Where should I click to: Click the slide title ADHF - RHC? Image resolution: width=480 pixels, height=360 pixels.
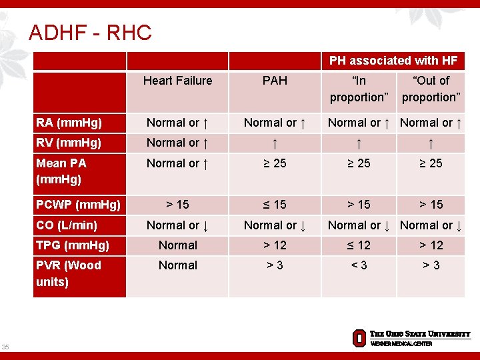pos(90,32)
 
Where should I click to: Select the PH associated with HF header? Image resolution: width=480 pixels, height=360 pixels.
pos(393,61)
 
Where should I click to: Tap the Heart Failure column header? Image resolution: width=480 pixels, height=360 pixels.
pos(177,81)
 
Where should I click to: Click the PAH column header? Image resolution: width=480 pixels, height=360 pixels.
pos(275,81)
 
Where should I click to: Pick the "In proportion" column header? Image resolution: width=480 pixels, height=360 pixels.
pos(359,89)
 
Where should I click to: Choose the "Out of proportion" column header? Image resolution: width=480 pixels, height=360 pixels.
pos(431,89)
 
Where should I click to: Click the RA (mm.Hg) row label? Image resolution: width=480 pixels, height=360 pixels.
pos(69,122)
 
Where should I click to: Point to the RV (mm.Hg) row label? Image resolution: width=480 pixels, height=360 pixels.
pos(69,143)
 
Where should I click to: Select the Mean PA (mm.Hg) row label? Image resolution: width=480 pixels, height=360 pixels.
pos(61,171)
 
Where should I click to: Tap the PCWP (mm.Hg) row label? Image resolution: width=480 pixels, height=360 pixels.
pos(78,205)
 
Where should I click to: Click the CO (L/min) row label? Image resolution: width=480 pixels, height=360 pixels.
pos(67,225)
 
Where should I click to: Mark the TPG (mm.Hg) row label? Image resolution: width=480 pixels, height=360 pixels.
pos(73,245)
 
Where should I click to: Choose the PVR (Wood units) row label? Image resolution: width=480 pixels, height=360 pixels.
pos(69,273)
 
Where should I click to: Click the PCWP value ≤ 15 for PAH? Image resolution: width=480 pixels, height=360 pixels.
pos(275,205)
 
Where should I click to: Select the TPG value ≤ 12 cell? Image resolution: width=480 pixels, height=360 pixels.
pos(359,245)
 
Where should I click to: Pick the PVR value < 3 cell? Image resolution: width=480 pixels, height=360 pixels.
pos(359,265)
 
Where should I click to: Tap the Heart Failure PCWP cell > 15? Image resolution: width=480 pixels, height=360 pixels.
pos(177,205)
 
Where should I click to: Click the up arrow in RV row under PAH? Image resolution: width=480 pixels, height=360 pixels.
pos(275,143)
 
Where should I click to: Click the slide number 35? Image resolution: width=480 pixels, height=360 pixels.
pos(6,347)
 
